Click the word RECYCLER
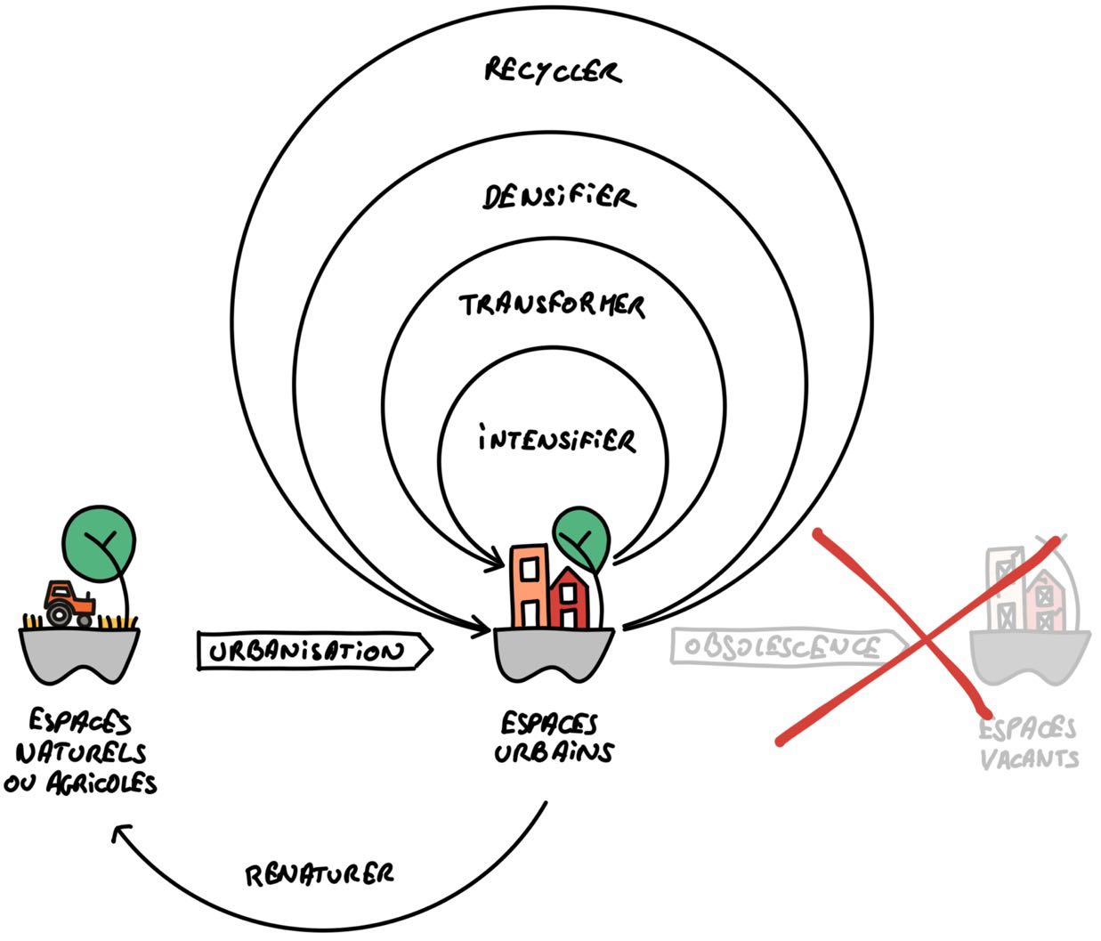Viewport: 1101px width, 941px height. [553, 71]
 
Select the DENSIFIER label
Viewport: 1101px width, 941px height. [559, 197]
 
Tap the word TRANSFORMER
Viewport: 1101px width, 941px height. [552, 305]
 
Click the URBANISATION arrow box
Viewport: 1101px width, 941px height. [314, 650]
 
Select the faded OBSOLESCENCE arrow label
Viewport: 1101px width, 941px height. [789, 646]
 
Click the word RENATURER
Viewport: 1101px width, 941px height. [320, 874]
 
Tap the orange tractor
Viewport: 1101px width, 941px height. [69, 604]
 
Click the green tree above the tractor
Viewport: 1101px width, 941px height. [99, 543]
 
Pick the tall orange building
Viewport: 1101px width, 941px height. [530, 585]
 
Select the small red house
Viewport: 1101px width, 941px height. [569, 598]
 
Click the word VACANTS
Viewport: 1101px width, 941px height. [1030, 758]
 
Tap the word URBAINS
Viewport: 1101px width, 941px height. [554, 752]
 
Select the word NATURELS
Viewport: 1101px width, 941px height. [81, 753]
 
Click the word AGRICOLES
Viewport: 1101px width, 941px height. [101, 783]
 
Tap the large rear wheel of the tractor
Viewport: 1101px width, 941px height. [59, 614]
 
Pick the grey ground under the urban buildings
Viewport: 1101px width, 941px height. [554, 653]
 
